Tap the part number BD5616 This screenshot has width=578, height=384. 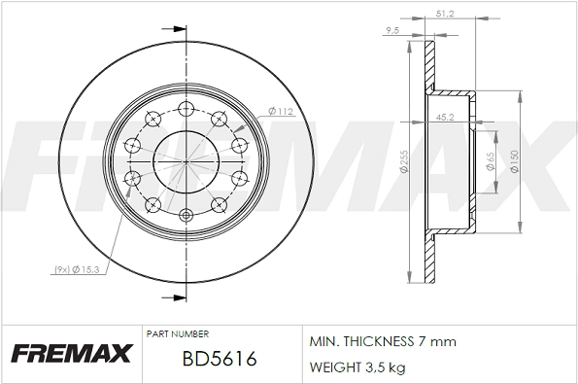point(219,359)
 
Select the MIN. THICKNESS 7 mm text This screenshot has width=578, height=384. point(382,342)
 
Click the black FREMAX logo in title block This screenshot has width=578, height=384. point(70,354)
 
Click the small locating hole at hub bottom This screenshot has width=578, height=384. point(186,215)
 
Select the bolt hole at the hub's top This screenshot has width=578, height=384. point(186,107)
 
